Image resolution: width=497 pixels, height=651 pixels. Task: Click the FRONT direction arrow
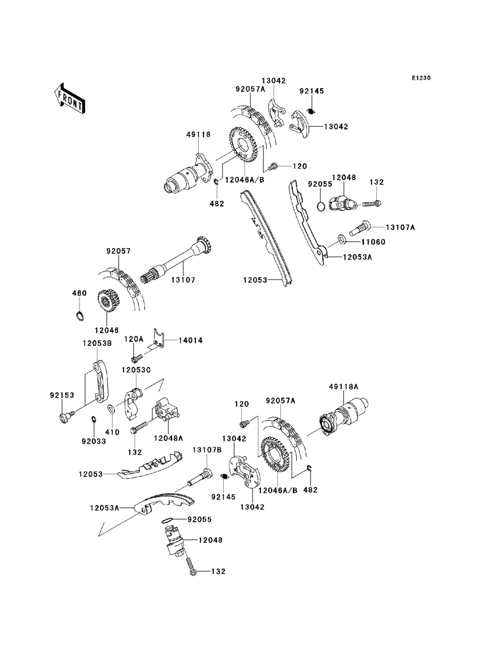(70, 98)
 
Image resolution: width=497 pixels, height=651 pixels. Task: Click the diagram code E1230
(421, 78)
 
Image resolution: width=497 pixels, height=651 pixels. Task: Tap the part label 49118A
(343, 387)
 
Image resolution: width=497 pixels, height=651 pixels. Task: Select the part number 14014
(190, 341)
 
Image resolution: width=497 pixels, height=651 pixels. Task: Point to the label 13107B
(207, 450)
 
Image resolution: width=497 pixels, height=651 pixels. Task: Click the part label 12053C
(136, 370)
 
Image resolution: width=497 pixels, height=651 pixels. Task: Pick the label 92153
(62, 395)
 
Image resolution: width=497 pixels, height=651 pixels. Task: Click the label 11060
(373, 242)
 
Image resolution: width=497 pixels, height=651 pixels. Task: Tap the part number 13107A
(400, 227)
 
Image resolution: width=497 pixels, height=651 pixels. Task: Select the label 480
(80, 293)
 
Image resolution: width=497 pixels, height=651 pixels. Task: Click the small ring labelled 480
(80, 316)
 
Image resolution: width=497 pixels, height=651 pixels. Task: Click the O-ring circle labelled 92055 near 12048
(321, 206)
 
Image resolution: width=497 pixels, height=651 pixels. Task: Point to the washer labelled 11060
(342, 238)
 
